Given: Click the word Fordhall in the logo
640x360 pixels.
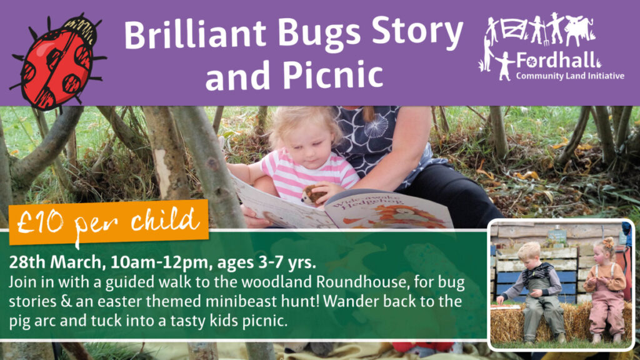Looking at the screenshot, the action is coord(555,61).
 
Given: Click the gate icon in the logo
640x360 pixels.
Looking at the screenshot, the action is coord(514,29).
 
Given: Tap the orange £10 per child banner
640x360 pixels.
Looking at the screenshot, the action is coord(109,222).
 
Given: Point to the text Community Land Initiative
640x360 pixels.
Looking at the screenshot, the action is coord(570,76).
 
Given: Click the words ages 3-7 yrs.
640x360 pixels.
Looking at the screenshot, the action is coord(266,262).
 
